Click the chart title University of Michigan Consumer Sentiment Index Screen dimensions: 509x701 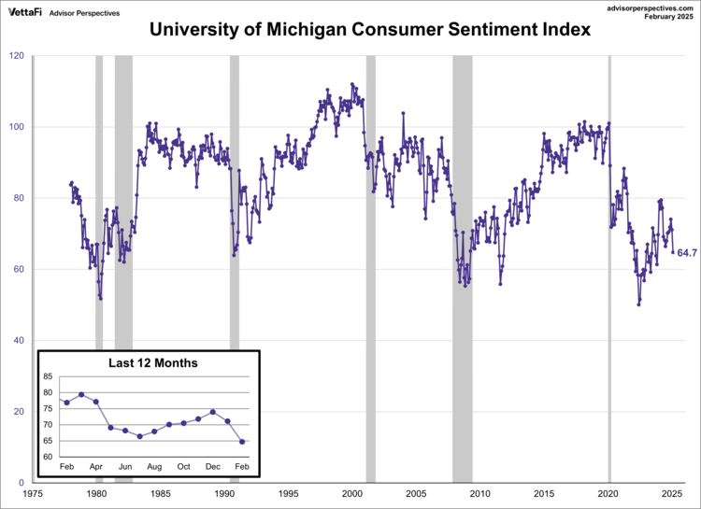click(x=370, y=29)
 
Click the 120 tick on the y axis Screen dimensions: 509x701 click(x=17, y=56)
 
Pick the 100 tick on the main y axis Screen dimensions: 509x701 click(x=17, y=127)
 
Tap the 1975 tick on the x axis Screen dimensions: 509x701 click(x=33, y=494)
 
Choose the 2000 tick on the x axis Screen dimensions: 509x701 click(x=352, y=494)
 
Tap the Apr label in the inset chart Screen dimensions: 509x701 click(x=96, y=466)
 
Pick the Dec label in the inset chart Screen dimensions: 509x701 click(x=213, y=466)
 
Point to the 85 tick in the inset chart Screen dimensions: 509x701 click(x=48, y=377)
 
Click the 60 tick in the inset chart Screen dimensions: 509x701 click(x=48, y=457)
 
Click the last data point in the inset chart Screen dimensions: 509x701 click(x=242, y=442)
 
